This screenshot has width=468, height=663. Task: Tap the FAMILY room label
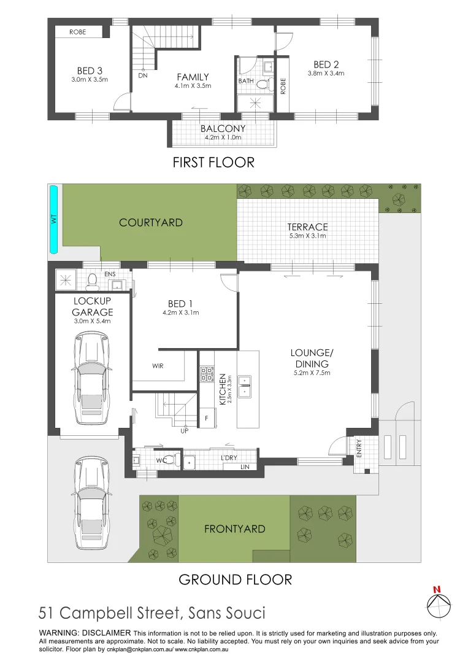pos(193,77)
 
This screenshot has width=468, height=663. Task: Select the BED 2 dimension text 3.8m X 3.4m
pos(326,73)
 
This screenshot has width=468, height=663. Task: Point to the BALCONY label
pos(223,128)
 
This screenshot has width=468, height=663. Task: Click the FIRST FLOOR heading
pos(213,163)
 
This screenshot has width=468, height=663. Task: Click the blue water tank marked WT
pos(53,219)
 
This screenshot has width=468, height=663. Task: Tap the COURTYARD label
pos(151,222)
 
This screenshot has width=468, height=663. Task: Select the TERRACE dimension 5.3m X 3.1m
pos(307,236)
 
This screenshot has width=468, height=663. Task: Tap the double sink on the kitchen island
pos(244,385)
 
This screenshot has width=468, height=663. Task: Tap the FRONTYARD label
pos(235,529)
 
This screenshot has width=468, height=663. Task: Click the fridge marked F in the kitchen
pos(207,417)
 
